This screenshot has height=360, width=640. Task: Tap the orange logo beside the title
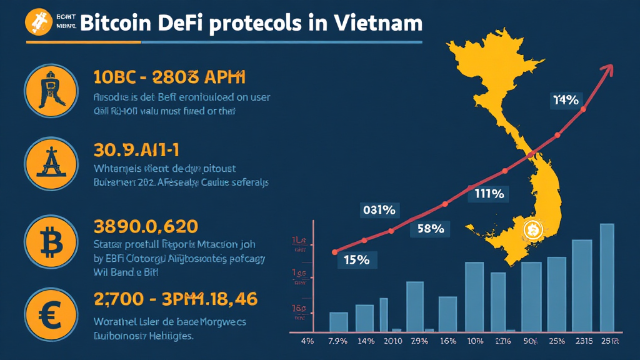click(37, 22)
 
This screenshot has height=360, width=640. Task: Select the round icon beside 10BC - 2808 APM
click(51, 90)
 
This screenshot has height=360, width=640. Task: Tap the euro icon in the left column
click(51, 313)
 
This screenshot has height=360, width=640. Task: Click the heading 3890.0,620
click(145, 226)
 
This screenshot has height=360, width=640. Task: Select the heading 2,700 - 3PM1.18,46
click(175, 299)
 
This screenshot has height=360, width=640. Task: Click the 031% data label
click(379, 211)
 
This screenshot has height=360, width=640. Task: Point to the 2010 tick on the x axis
click(392, 341)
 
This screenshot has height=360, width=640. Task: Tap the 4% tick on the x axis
click(307, 341)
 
